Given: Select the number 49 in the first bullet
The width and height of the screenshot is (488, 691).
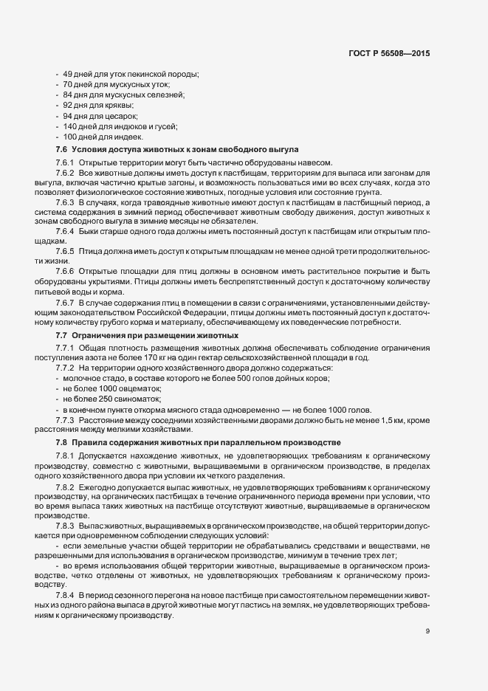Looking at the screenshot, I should (x=68, y=75).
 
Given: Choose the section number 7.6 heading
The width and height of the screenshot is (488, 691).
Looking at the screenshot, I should (x=61, y=149).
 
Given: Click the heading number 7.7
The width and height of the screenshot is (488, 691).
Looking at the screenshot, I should (x=61, y=336).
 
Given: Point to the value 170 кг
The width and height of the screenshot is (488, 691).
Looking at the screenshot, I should (x=159, y=357).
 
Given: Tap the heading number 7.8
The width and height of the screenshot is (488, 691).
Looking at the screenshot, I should (x=61, y=442).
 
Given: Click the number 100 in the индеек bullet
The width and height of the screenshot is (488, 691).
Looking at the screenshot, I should (x=71, y=137).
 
